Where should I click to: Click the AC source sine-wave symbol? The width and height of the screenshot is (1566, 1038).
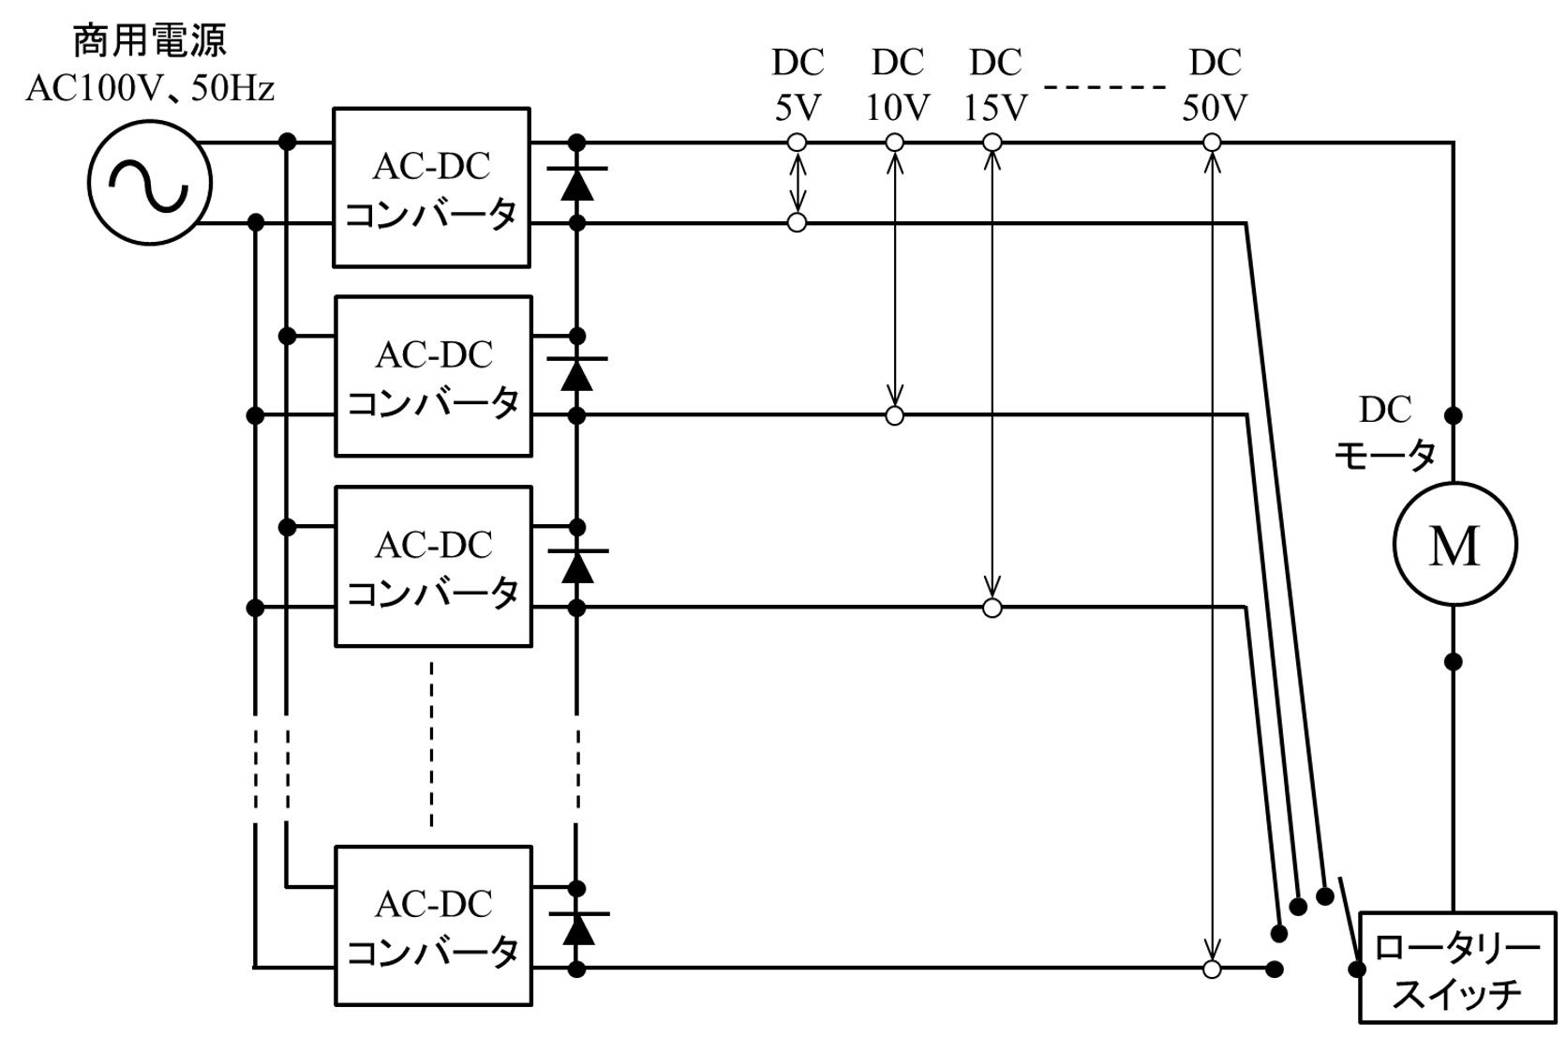point(150,184)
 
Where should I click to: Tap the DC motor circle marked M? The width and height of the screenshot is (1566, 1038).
point(1454,544)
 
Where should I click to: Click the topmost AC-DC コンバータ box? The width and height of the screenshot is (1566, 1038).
point(433,188)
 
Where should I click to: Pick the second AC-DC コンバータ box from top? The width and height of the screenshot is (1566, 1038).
point(433,377)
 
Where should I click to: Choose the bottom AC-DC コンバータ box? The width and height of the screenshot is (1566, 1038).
point(433,926)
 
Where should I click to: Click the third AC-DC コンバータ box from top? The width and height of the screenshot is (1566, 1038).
point(433,566)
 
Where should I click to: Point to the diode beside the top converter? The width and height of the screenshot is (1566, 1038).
point(576,183)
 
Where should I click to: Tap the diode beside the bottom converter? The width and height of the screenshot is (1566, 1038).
point(576,926)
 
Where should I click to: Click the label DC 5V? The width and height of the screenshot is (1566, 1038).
point(798,84)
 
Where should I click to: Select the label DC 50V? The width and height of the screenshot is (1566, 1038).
point(1215,84)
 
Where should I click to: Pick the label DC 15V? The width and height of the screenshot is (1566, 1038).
point(995,84)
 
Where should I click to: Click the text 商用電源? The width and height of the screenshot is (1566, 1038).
point(150,42)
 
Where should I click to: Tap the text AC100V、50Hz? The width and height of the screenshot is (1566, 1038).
point(150,89)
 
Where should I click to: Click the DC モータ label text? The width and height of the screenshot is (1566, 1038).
point(1385,433)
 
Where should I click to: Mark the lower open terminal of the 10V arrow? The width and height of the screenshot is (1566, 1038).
point(895,415)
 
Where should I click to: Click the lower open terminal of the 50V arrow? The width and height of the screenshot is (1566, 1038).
point(1213,970)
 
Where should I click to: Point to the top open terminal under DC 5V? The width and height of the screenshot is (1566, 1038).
point(797,143)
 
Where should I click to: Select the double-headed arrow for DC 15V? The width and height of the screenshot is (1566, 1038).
point(992,375)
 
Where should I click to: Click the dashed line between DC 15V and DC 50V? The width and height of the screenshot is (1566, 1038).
point(1104,88)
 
